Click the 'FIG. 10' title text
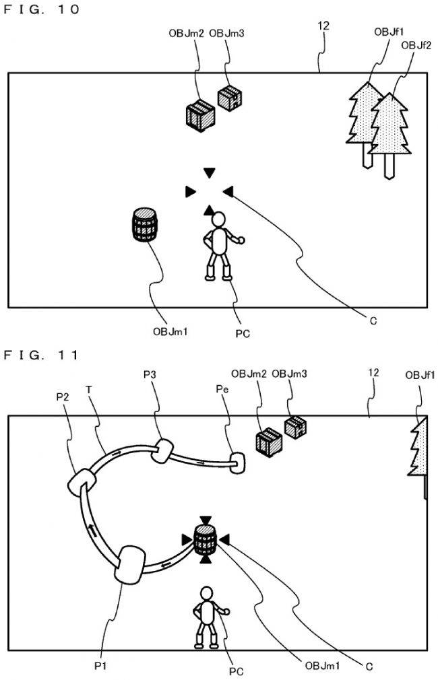point(42,9)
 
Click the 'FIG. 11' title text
point(42,354)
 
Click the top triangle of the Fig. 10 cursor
point(210,173)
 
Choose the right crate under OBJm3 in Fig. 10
point(230,98)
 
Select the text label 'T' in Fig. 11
point(89,388)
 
